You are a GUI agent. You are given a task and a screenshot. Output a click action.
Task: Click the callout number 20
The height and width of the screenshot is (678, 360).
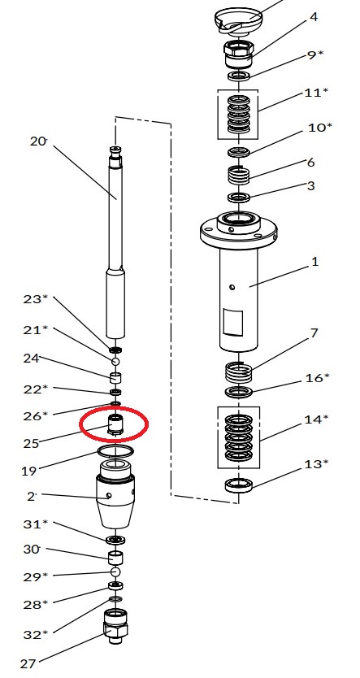point(37,141)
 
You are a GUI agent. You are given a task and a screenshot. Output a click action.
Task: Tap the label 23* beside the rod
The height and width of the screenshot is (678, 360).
point(36,298)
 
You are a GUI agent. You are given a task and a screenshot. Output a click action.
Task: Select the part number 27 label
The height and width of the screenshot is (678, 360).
point(28,663)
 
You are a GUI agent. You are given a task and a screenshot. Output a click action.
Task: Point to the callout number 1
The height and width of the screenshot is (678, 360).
point(314,262)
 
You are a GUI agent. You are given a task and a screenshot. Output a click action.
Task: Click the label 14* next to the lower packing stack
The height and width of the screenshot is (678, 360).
point(316,419)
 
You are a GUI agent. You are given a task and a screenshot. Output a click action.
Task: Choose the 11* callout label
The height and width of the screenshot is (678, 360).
point(316,93)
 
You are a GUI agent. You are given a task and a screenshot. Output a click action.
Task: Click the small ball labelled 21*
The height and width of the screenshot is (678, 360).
point(115,361)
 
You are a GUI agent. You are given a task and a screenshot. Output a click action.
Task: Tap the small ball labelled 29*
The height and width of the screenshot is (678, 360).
point(115,572)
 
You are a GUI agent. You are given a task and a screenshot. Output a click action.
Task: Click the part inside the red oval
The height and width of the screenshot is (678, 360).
point(115,424)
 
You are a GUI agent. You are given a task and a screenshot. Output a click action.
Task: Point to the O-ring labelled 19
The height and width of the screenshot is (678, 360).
point(115,451)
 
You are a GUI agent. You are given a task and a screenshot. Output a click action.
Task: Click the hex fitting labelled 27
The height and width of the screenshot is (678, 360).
point(115,627)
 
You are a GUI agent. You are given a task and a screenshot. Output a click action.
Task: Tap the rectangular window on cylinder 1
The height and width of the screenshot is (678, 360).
point(232,323)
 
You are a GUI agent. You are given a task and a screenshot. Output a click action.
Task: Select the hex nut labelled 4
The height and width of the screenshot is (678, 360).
point(238,54)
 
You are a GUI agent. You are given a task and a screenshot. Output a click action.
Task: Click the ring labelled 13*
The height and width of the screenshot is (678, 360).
point(238,486)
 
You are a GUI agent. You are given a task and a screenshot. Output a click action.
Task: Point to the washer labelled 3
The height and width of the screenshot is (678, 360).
point(239,198)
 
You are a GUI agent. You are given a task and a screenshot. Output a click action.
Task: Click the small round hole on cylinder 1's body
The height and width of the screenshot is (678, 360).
point(232,287)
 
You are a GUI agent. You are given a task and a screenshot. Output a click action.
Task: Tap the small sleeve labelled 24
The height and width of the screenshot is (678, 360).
point(115,378)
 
